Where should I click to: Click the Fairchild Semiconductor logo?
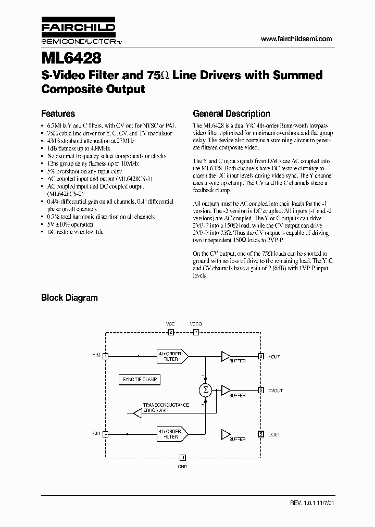click(78, 32)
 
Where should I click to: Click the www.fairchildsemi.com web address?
click(296, 39)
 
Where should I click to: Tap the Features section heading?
click(58, 114)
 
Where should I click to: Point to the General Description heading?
click(231, 114)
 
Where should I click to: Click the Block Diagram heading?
click(69, 298)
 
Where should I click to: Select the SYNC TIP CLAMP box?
click(139, 380)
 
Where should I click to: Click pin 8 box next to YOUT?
click(261, 356)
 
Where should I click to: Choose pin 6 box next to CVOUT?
click(261, 390)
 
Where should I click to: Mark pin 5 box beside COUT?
click(261, 434)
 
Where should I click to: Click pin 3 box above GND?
click(182, 458)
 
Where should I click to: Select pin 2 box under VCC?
click(170, 332)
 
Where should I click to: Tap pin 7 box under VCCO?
click(196, 332)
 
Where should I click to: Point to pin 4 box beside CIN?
click(106, 434)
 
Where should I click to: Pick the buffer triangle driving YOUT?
click(226, 356)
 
